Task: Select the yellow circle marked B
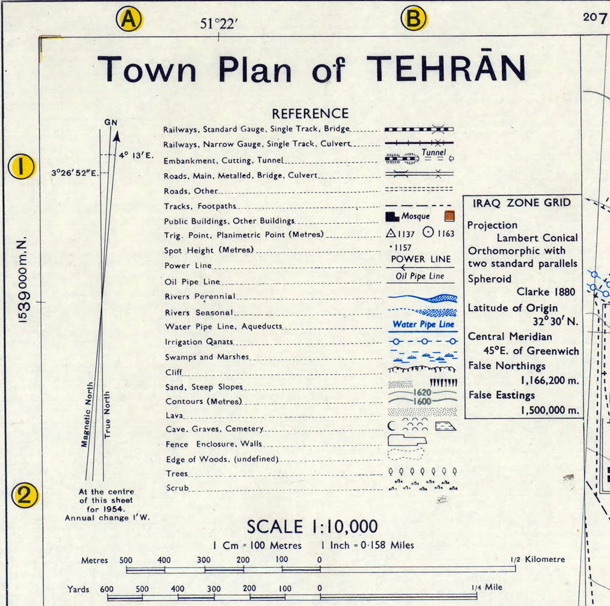[x=413, y=19]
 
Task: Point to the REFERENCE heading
[x=310, y=114]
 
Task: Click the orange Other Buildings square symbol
[x=449, y=217]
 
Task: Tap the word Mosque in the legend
[x=416, y=216]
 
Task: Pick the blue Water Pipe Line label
[x=423, y=325]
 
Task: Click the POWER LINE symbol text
[x=421, y=259]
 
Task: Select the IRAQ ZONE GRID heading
[x=522, y=203]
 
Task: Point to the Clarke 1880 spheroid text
[x=546, y=292]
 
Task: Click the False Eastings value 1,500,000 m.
[x=550, y=410]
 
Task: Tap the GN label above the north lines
[x=111, y=122]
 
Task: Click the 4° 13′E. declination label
[x=136, y=155]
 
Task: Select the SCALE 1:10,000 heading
[x=312, y=527]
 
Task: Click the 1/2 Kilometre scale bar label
[x=537, y=559]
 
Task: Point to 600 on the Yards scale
[x=107, y=589]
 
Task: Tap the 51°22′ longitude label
[x=219, y=24]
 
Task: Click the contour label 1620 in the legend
[x=422, y=392]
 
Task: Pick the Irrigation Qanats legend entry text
[x=199, y=342]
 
